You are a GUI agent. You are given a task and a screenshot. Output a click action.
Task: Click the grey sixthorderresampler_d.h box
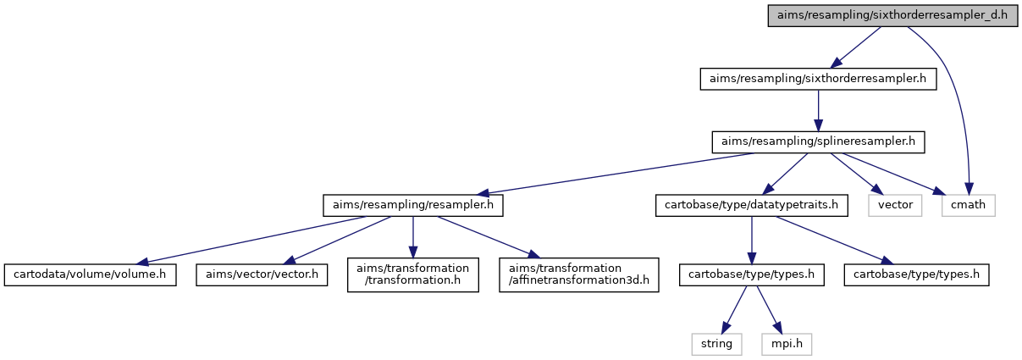tap(892, 15)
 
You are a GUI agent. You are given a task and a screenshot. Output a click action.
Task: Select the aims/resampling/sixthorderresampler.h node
tap(818, 79)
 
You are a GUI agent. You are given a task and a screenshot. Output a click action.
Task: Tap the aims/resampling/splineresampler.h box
tap(818, 142)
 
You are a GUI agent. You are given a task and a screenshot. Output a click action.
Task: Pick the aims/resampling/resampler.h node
tap(413, 205)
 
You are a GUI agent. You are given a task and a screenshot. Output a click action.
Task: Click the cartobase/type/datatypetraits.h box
tap(751, 205)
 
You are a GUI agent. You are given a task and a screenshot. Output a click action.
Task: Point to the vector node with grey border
tap(895, 205)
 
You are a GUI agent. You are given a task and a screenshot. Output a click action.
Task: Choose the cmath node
tap(968, 205)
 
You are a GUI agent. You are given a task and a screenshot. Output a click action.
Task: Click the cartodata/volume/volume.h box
tap(90, 274)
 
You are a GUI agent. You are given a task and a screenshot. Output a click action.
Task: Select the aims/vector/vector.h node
tap(262, 274)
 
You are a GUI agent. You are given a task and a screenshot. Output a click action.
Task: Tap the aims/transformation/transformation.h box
tap(413, 274)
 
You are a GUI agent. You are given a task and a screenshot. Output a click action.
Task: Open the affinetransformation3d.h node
tap(579, 274)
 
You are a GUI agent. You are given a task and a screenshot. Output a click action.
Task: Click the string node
tap(716, 344)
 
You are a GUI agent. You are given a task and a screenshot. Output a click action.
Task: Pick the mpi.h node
tap(787, 344)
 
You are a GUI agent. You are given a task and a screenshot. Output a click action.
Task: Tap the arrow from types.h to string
tap(734, 310)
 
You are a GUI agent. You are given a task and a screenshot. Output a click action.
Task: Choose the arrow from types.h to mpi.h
tap(770, 310)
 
